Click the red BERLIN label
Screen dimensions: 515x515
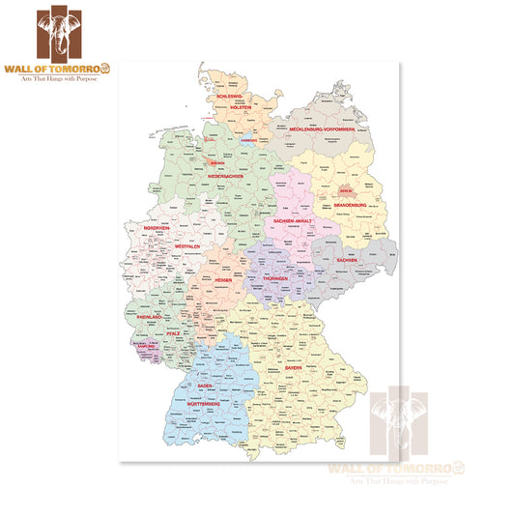pyautogui.click(x=345, y=191)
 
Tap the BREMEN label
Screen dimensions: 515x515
pyautogui.click(x=217, y=164)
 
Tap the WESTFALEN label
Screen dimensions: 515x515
pyautogui.click(x=187, y=247)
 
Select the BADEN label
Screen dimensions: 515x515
pyautogui.click(x=205, y=386)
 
